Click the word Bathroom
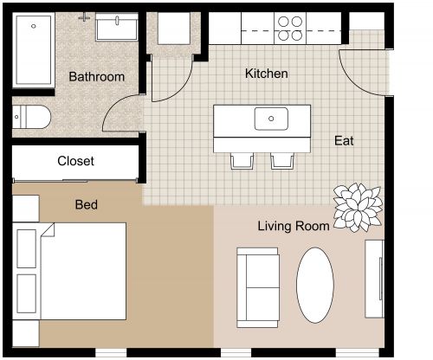pyautogui.click(x=96, y=77)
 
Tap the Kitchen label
pyautogui.click(x=266, y=74)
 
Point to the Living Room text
pyautogui.click(x=293, y=227)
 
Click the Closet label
pyautogui.click(x=75, y=162)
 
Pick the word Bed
pyautogui.click(x=86, y=205)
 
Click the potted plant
pyautogui.click(x=356, y=208)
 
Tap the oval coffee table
pyautogui.click(x=315, y=285)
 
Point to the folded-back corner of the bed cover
pyautogui.click(x=47, y=232)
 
